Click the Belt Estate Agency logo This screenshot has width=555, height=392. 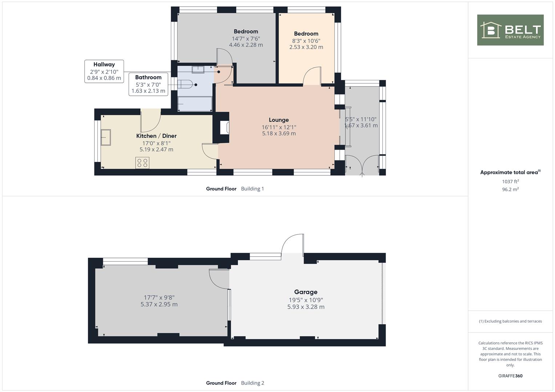[510, 30]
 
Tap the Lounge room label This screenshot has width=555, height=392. [279, 120]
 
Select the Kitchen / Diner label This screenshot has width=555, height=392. [156, 136]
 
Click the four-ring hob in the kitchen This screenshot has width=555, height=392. [142, 163]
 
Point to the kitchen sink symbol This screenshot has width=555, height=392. [106, 137]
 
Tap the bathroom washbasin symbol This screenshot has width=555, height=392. [198, 70]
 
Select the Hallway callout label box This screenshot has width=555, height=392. [104, 71]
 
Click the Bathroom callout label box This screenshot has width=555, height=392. [148, 84]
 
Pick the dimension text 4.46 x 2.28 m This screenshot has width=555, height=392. [246, 45]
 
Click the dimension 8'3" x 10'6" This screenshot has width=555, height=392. [306, 41]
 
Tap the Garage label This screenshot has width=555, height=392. [306, 292]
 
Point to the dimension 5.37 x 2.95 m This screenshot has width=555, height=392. [159, 305]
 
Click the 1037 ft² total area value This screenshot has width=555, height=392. [510, 181]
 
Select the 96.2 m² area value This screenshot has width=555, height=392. [510, 189]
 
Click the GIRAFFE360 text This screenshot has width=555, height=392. [510, 376]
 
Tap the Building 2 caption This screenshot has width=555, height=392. [253, 383]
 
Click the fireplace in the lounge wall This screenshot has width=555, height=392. [225, 128]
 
